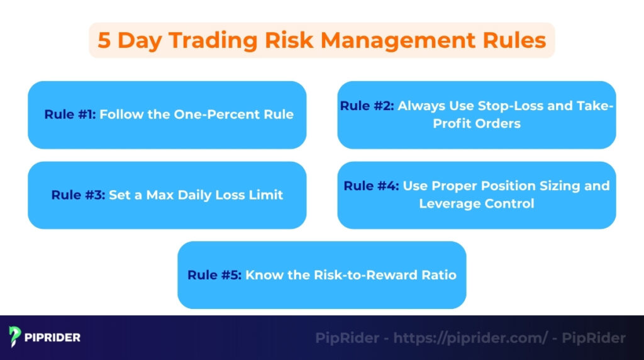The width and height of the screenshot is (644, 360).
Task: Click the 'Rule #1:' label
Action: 70,115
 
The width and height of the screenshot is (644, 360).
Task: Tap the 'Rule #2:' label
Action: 367,106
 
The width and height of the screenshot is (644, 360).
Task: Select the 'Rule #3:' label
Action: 79,195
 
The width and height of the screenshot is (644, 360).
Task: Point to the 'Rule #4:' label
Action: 371,186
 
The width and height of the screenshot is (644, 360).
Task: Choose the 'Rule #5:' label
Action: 214,275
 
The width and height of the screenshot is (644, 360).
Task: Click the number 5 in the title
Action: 105,40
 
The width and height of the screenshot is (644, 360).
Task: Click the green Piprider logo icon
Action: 15,337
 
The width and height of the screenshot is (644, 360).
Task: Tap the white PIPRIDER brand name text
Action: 53,337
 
